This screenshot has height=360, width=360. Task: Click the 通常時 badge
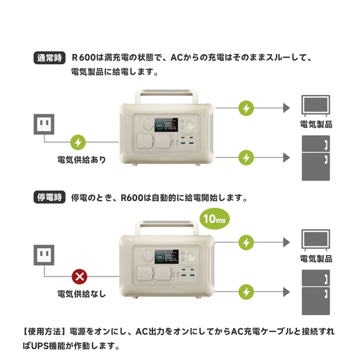click(x=49, y=58)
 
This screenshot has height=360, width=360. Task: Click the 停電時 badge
click(x=49, y=197)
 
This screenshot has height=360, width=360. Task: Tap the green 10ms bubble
click(x=215, y=219)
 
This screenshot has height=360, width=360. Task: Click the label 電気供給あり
click(x=82, y=159)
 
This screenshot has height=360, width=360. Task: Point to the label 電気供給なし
click(x=82, y=294)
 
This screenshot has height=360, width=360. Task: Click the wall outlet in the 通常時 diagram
click(x=43, y=123)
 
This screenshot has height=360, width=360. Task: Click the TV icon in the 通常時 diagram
click(x=316, y=105)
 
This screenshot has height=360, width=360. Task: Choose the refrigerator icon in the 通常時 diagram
click(x=315, y=158)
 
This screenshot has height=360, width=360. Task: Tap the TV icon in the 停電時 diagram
click(x=316, y=240)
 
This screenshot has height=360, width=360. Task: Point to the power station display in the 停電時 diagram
click(x=168, y=256)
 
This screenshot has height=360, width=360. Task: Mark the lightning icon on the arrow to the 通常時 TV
click(x=247, y=109)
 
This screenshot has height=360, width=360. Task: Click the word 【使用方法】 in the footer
click(x=43, y=332)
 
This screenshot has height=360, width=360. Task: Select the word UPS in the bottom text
click(x=43, y=345)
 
